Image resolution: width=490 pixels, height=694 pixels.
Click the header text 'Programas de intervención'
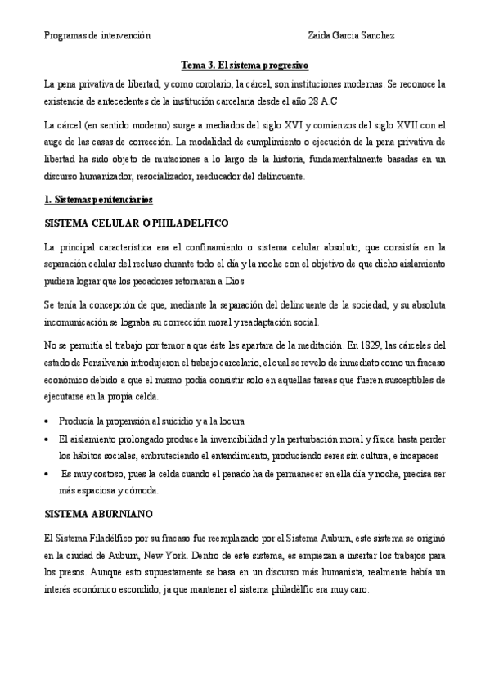pos(97,36)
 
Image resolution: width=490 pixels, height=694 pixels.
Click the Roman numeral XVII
pos(398,124)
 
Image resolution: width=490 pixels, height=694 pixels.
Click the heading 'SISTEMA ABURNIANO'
pos(97,514)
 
